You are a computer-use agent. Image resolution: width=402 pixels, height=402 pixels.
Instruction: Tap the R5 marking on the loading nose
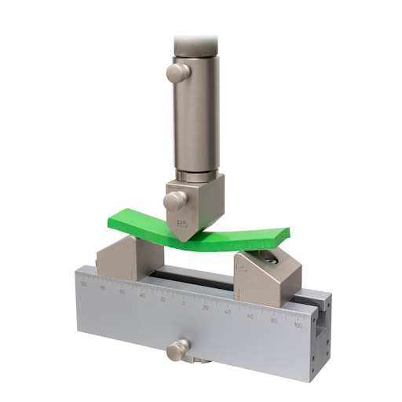click(x=182, y=224)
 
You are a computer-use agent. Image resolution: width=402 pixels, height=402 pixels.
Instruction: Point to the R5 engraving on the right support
click(x=243, y=269)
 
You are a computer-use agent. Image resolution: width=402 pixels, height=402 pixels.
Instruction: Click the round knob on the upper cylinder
click(x=177, y=73)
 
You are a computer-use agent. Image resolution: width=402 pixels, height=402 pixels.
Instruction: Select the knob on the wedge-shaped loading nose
click(x=174, y=199)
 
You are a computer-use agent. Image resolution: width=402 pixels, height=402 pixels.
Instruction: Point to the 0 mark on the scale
click(x=184, y=303)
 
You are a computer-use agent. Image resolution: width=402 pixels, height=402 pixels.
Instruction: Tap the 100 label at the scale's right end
click(x=297, y=324)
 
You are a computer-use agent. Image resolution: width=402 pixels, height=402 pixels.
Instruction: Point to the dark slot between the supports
click(x=188, y=275)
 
